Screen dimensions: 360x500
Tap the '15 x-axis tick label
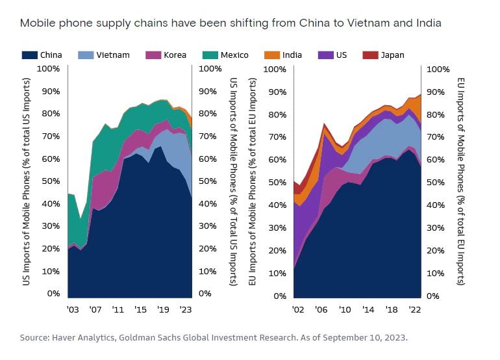[x=140, y=309]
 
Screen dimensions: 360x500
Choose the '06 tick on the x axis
[x=321, y=310]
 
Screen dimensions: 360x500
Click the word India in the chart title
[x=429, y=23]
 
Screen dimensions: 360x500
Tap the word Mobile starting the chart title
[x=36, y=23]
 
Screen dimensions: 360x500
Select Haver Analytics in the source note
[x=81, y=339]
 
